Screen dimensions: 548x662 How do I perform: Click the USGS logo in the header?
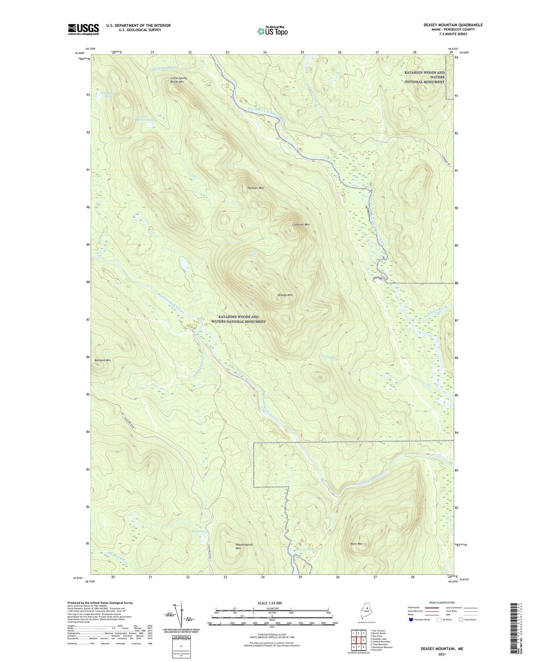83,29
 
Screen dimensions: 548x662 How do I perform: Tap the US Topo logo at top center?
272,31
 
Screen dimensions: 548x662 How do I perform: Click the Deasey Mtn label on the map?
285,295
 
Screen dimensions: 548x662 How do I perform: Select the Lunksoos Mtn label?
301,224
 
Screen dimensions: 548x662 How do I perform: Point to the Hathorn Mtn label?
256,188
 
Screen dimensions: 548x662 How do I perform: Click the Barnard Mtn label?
102,360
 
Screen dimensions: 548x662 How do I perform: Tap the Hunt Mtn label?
356,544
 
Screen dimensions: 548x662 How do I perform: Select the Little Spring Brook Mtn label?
178,80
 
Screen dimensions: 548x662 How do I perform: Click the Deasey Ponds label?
305,549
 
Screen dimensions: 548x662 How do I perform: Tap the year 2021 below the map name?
441,654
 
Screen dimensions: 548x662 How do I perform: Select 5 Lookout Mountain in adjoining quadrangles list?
380,642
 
